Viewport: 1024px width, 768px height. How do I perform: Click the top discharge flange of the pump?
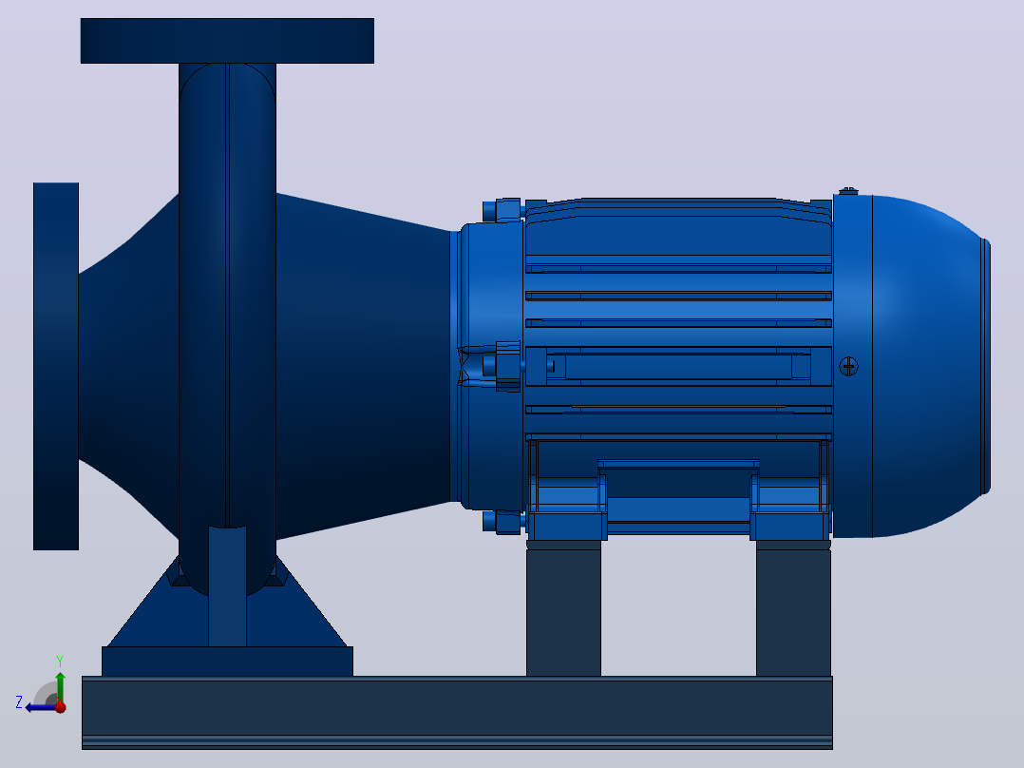[227, 41]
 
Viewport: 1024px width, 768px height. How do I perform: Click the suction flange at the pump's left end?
[56, 366]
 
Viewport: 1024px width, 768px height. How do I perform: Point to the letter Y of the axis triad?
[60, 661]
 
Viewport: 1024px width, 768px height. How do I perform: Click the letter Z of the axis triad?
[19, 702]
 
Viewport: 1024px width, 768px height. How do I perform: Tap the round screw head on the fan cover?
[848, 366]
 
